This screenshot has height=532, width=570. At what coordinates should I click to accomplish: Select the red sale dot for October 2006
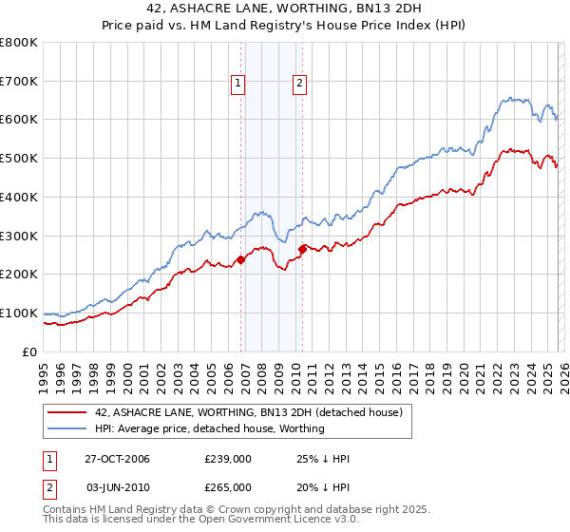pos(241,258)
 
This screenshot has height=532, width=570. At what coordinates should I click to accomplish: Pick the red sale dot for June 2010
pos(302,249)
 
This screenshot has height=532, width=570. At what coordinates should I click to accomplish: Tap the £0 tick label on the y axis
pos(31,351)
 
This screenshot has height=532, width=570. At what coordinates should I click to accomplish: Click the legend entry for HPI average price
pos(210,428)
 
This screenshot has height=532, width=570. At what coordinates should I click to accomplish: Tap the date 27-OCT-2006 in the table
pos(117,459)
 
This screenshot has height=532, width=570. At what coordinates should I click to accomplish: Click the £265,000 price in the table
pos(227,487)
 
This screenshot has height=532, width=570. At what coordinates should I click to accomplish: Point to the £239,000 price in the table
pos(227,459)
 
